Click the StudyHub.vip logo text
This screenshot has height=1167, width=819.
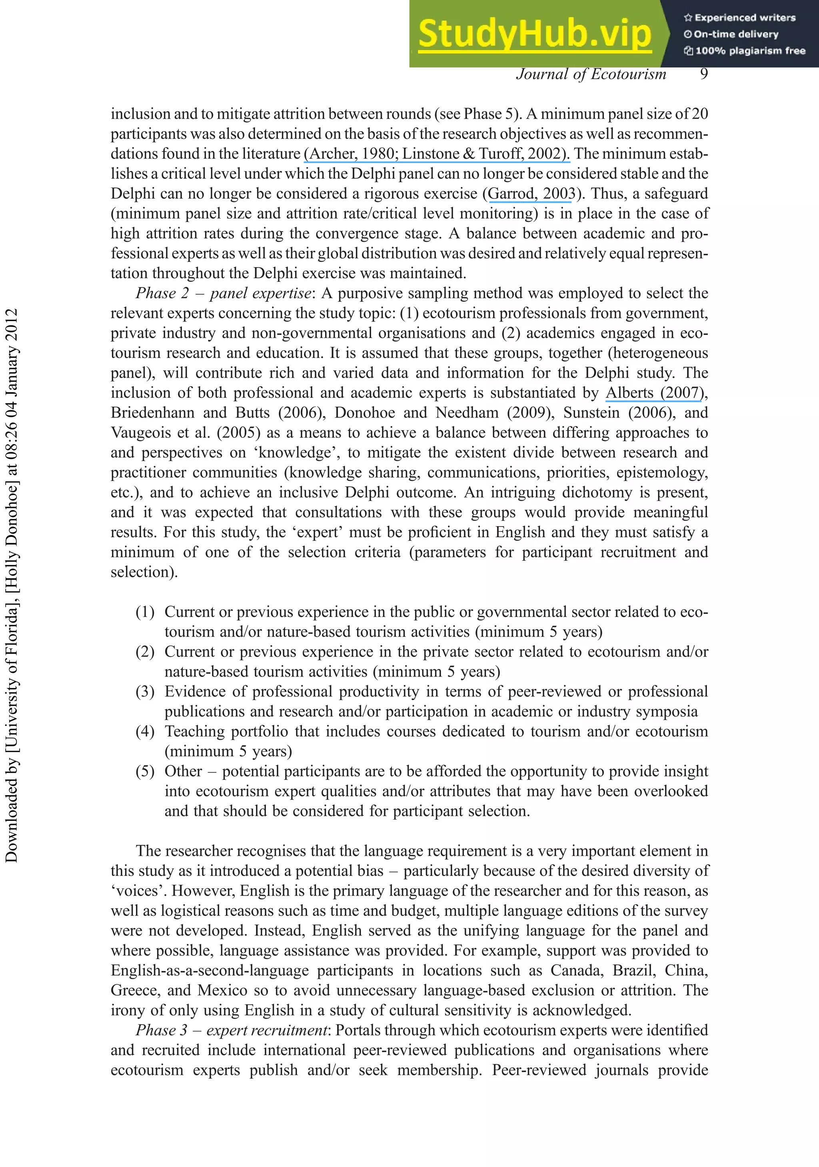(535, 34)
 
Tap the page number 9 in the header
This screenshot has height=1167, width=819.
(703, 74)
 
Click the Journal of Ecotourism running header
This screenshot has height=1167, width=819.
(591, 74)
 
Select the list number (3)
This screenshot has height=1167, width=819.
(144, 692)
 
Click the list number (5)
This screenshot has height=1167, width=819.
(144, 772)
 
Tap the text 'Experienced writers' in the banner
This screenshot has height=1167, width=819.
(745, 18)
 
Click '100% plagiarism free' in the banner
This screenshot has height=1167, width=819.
(750, 51)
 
